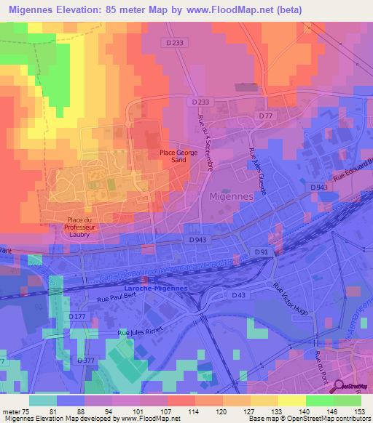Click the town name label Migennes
pos(232,196)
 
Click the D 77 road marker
pos(266,116)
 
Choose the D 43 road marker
pos(237,294)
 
